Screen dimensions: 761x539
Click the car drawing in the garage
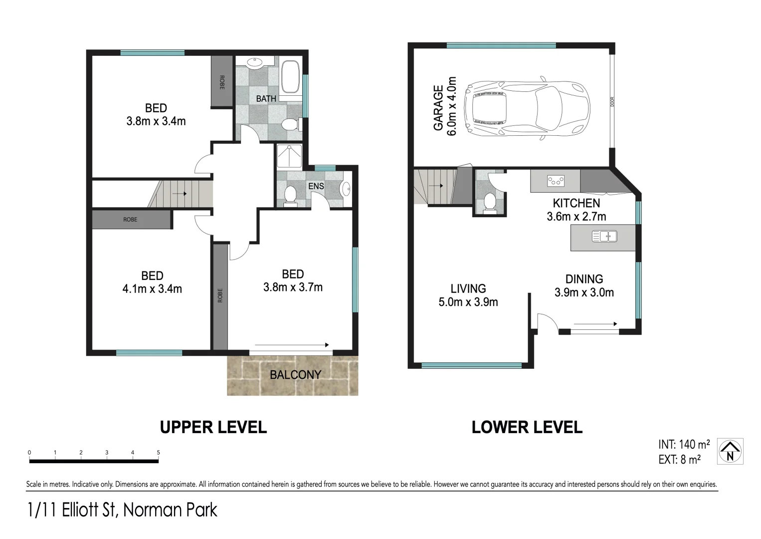coord(527,108)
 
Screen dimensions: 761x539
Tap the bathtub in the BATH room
coord(290,77)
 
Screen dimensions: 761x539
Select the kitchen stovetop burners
coord(556,181)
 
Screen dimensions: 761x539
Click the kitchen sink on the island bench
coord(604,236)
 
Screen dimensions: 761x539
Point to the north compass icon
coord(730,451)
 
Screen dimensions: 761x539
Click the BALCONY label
coord(295,375)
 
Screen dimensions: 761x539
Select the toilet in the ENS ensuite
coord(290,195)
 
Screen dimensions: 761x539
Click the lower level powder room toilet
coord(490,203)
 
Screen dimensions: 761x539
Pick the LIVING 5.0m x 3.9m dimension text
coord(468,295)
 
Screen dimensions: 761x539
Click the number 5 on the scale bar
coord(158,452)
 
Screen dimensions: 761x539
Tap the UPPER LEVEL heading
coord(213,428)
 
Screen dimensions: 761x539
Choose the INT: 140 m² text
coord(684,444)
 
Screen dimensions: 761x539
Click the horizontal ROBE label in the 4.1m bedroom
coord(130,220)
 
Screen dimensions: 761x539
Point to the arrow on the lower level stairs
coord(436,186)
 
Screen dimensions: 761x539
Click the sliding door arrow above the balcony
coord(292,345)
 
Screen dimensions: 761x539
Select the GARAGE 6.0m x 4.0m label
coord(445,106)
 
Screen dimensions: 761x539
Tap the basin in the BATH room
coord(254,63)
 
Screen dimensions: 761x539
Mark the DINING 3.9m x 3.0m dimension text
coord(584,285)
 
